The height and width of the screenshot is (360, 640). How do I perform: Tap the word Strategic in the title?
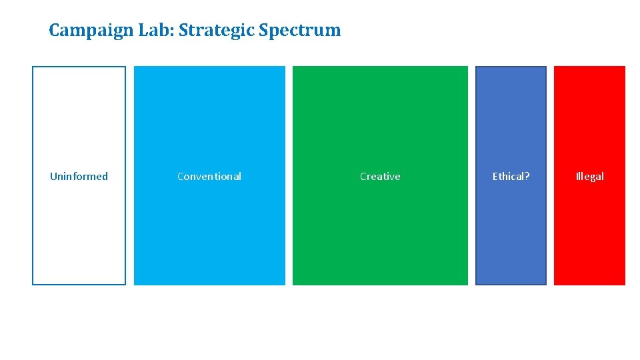[213, 31]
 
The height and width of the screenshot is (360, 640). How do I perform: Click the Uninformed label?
[79, 177]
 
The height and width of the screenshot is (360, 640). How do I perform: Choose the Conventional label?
[209, 177]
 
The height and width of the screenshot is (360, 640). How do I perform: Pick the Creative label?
[380, 177]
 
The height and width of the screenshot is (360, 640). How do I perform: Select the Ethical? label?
[511, 177]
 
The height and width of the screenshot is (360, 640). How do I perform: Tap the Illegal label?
[590, 177]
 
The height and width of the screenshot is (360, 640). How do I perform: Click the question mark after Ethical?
[527, 177]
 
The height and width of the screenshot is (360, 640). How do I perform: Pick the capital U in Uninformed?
[53, 177]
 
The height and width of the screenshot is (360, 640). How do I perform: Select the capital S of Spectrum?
[264, 30]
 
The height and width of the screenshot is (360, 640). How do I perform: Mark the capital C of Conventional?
[181, 177]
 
